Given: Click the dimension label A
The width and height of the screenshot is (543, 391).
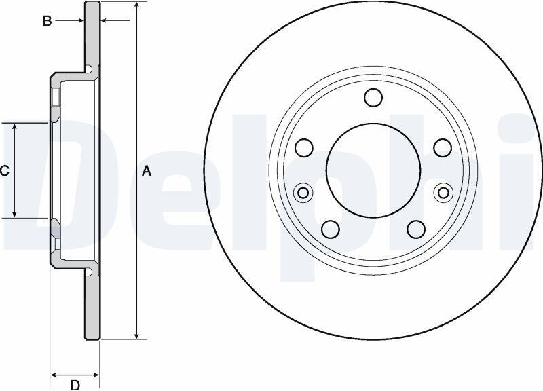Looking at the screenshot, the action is [x=147, y=171].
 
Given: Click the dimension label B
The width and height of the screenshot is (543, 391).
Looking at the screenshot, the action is [x=47, y=21].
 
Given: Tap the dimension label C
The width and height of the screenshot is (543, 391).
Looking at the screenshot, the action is [x=5, y=171].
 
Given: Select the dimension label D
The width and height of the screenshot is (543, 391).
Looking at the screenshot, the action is [x=75, y=385].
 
